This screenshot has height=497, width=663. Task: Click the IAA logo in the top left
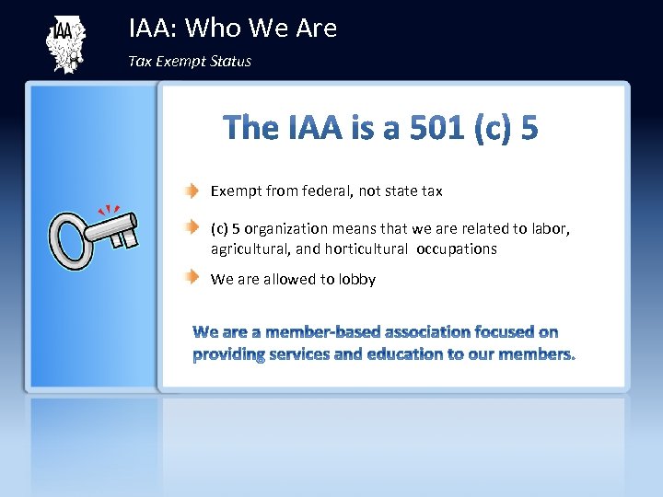click(x=64, y=44)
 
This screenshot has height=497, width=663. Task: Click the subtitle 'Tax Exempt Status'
click(x=190, y=62)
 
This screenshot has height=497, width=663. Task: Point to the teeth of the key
click(x=123, y=237)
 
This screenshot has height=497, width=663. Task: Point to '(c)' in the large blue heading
click(x=495, y=128)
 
